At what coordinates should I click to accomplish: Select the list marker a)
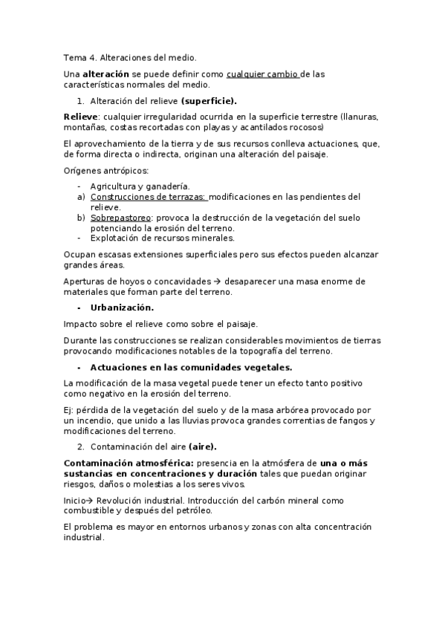[x=81, y=197]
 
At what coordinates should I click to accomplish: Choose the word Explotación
[x=120, y=238]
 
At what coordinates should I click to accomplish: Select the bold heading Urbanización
[x=123, y=308]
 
